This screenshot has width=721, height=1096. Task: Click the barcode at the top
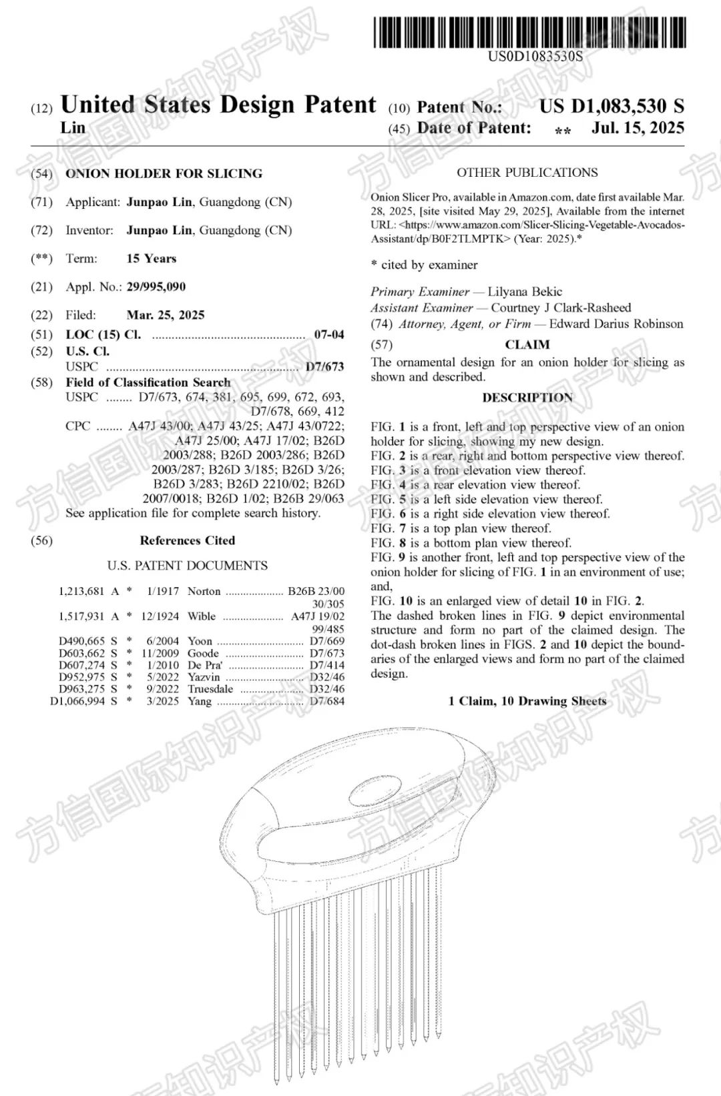click(x=529, y=32)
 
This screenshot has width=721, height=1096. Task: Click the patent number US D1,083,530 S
click(x=612, y=107)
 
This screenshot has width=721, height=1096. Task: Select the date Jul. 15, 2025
click(x=637, y=128)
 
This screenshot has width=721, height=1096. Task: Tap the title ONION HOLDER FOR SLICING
click(x=164, y=173)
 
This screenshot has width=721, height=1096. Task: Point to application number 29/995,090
click(x=156, y=287)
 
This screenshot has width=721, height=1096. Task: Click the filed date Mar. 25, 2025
click(x=166, y=315)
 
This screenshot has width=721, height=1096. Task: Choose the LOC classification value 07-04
click(x=329, y=335)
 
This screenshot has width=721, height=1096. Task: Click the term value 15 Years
click(x=152, y=259)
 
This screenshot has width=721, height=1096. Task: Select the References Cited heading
click(x=188, y=540)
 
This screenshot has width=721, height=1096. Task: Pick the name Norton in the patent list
click(x=204, y=591)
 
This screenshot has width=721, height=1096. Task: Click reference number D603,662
click(x=81, y=653)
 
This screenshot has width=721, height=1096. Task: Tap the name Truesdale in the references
click(x=210, y=689)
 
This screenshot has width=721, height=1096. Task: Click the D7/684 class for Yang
click(x=327, y=701)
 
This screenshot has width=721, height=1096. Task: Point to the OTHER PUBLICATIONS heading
click(x=527, y=173)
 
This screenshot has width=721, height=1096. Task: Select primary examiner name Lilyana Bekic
click(x=525, y=292)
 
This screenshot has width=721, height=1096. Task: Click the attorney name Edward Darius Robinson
click(x=607, y=324)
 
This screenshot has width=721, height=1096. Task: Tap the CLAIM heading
click(x=527, y=345)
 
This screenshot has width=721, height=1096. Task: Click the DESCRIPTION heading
click(x=527, y=398)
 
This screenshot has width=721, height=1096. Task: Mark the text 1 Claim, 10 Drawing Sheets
click(x=527, y=701)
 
